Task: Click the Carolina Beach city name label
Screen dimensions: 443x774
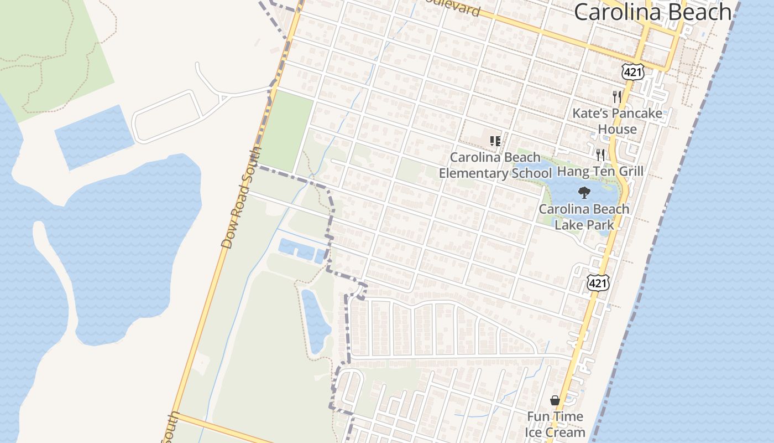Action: coord(652,12)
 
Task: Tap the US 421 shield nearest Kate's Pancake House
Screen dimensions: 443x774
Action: coord(632,71)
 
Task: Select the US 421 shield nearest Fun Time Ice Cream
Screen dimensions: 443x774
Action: coord(598,282)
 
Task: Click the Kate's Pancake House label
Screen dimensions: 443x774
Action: coord(617,121)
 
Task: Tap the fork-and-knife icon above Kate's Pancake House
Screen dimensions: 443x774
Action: coord(617,97)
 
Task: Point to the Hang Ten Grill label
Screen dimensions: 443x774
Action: coord(600,171)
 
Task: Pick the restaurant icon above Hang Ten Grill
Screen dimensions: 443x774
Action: coord(600,154)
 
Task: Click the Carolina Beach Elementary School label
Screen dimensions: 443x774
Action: coord(495,165)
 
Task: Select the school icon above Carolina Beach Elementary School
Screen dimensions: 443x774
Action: coord(495,141)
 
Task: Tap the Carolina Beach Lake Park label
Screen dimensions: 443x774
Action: coord(584,217)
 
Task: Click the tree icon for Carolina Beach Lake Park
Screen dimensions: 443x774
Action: coord(584,193)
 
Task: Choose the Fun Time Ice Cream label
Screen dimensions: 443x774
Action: coord(555,424)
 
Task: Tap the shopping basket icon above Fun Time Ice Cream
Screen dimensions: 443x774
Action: coord(555,400)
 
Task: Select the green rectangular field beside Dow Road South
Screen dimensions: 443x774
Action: coord(286,132)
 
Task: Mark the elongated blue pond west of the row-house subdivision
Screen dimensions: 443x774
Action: coord(316,321)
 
